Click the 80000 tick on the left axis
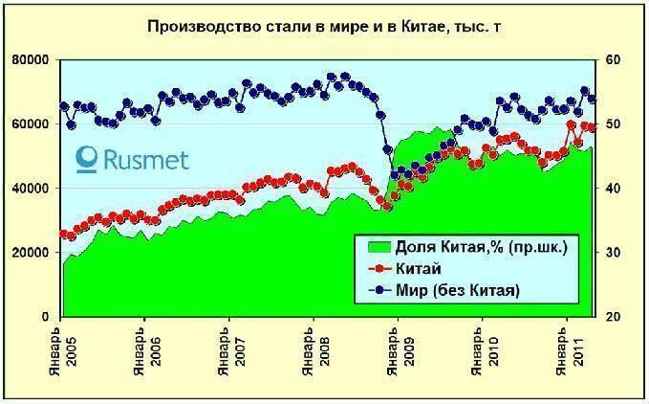click(x=32, y=59)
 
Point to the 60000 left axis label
click(x=32, y=123)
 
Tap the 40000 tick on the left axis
click(x=32, y=188)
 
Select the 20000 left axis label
click(x=32, y=252)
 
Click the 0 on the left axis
click(x=46, y=316)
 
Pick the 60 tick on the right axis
click(x=612, y=59)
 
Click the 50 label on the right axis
click(x=612, y=123)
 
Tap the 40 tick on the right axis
click(x=612, y=188)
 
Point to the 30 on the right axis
click(x=612, y=252)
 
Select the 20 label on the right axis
click(x=612, y=316)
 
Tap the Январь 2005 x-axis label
click(x=63, y=354)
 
